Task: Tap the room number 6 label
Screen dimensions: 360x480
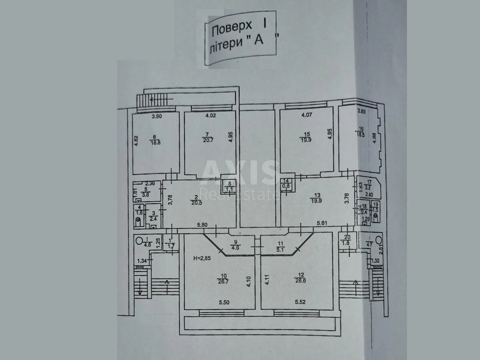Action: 154,136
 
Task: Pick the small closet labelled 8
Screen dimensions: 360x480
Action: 229,186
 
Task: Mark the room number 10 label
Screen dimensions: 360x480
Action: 224,275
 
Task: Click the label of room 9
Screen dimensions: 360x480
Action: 236,242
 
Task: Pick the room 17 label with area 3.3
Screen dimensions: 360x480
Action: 368,184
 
